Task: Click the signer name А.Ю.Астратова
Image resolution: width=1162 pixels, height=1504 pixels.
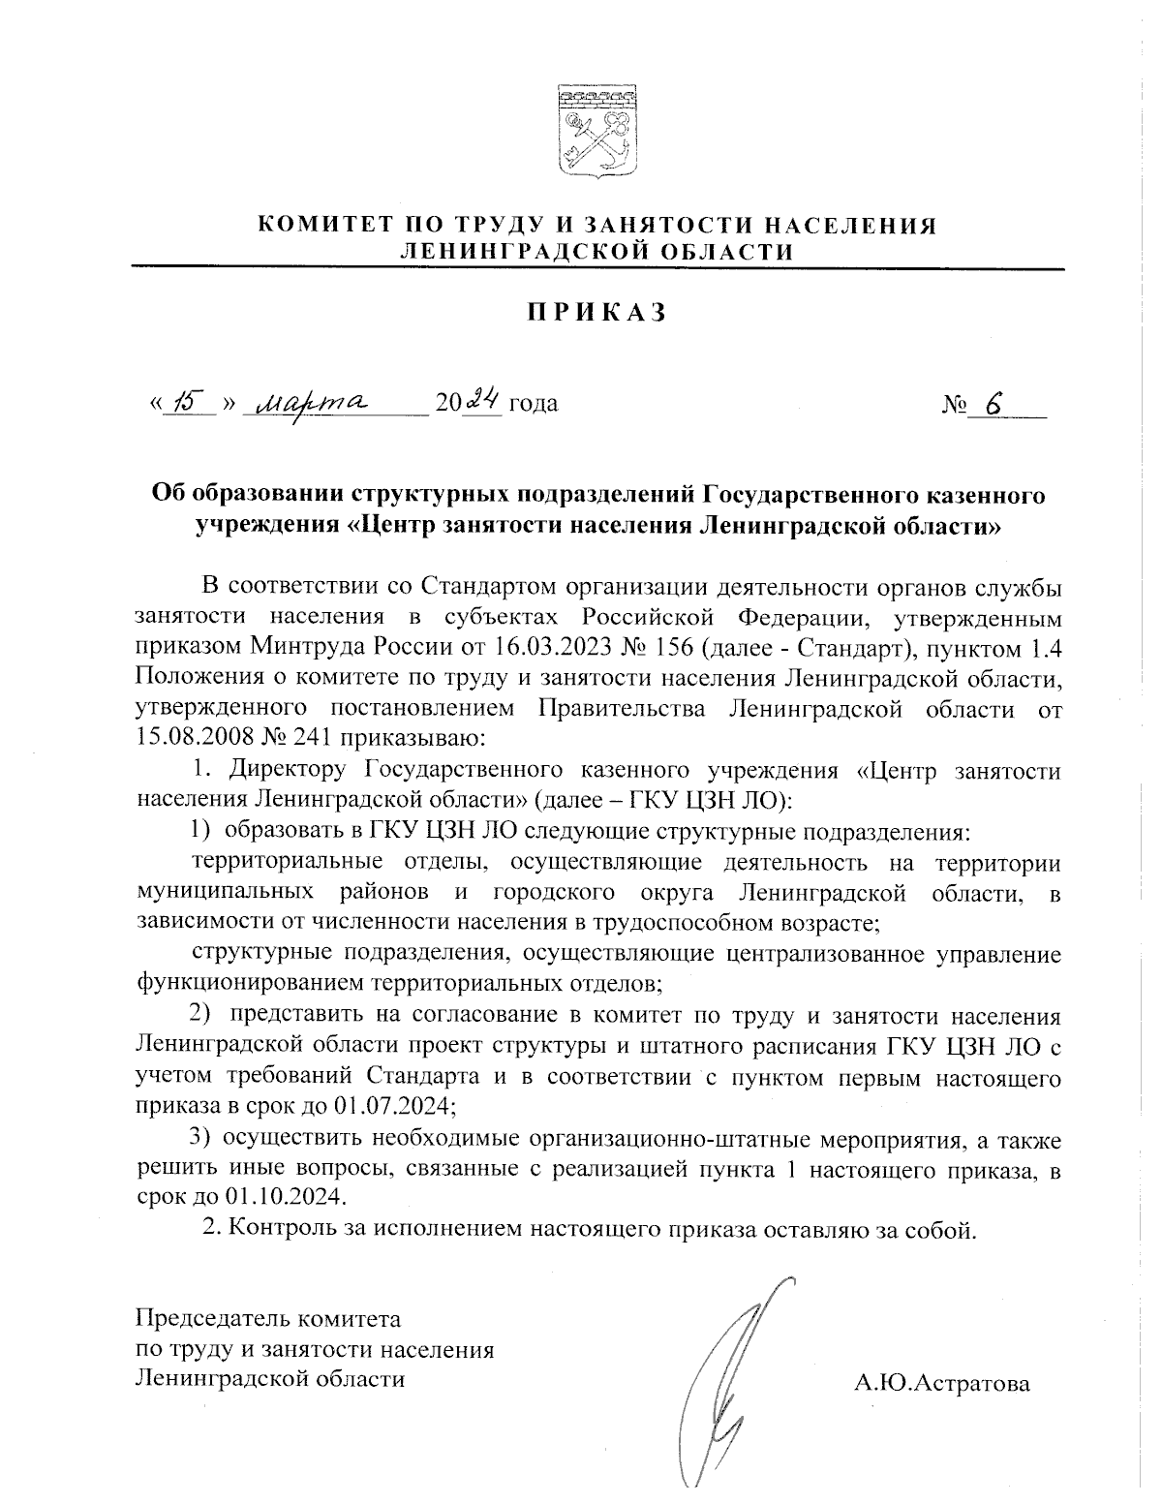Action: [941, 1383]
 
